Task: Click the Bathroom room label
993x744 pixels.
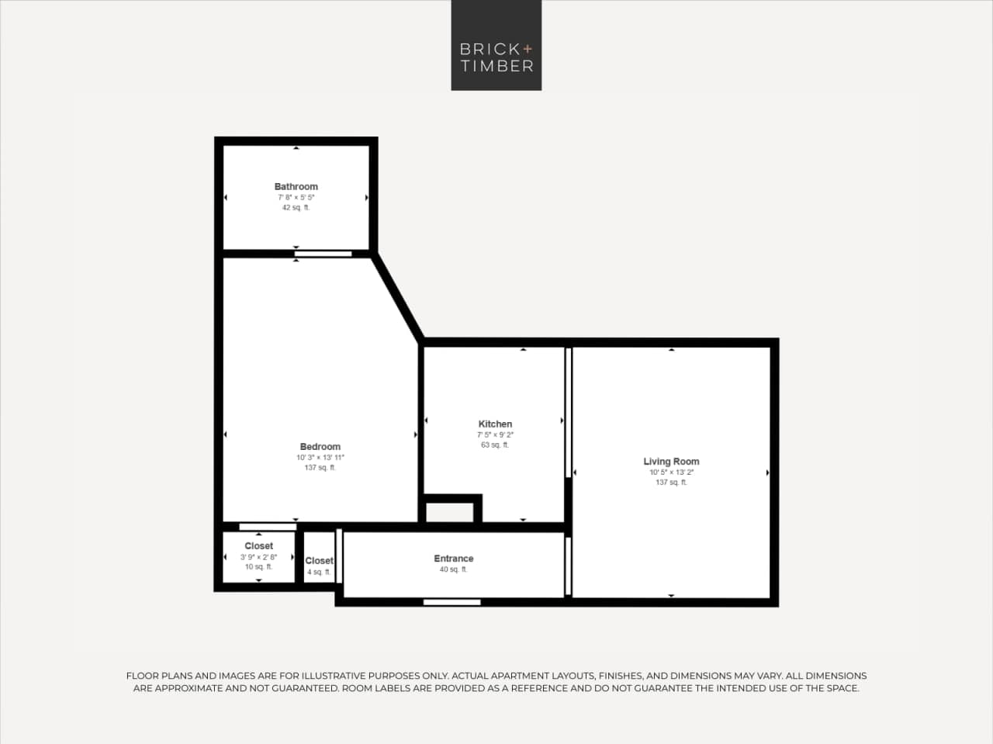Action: [296, 186]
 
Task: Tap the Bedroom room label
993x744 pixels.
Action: [320, 447]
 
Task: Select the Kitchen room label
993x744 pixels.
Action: [495, 424]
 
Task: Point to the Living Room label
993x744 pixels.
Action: [671, 461]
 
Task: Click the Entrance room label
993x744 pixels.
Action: [453, 559]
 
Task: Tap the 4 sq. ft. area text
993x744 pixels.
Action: [318, 573]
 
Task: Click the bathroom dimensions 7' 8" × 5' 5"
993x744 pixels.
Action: [296, 198]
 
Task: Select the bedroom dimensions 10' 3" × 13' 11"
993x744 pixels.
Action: [320, 458]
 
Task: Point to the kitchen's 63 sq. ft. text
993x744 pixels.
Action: [495, 445]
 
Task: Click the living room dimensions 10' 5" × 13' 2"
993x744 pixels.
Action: [671, 472]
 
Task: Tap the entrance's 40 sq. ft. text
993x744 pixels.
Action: [453, 569]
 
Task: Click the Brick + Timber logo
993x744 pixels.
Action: [496, 45]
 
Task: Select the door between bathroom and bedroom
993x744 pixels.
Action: [323, 254]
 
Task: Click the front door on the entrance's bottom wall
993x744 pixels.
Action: [452, 602]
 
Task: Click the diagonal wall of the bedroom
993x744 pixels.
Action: [398, 297]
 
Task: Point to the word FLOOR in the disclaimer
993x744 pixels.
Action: [142, 676]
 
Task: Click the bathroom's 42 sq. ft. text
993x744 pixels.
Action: [296, 208]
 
